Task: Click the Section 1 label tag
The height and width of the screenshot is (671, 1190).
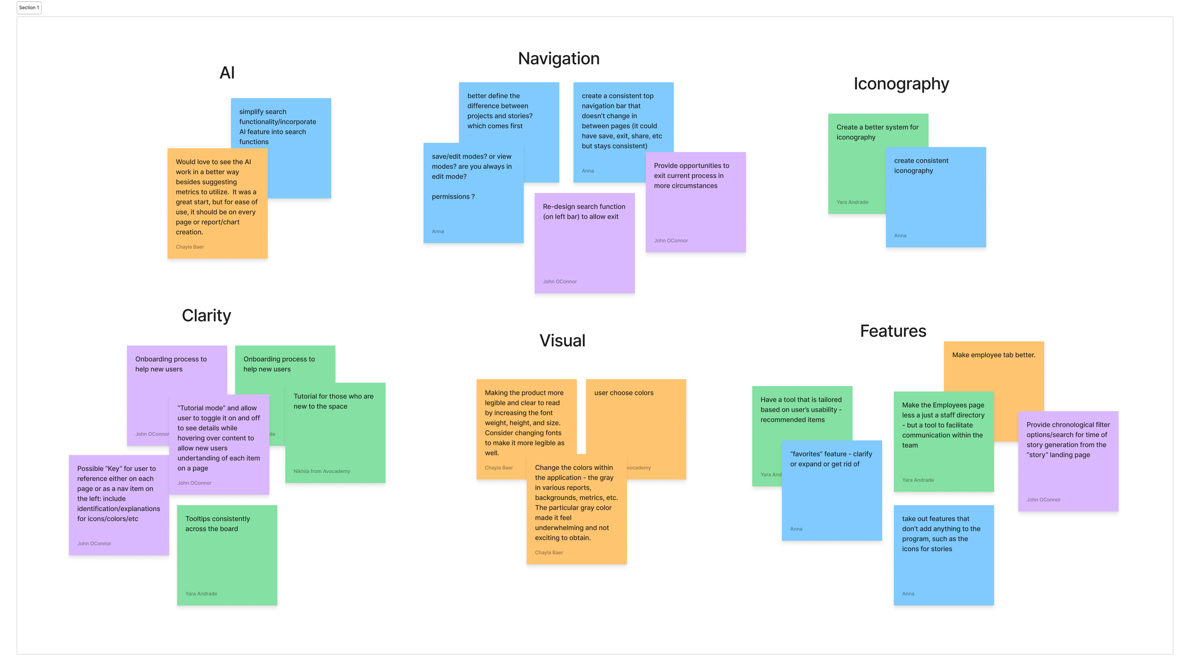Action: coord(29,8)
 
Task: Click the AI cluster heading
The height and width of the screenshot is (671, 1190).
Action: coord(227,73)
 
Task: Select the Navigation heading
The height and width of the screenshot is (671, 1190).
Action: coord(558,59)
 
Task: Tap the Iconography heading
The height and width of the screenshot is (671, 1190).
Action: coord(901,84)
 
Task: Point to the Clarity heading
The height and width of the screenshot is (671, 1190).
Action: coord(206,315)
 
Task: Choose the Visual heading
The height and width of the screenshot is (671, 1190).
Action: coord(562,341)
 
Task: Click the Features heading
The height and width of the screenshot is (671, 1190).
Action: coord(892,331)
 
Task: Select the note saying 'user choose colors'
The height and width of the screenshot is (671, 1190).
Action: coord(624,393)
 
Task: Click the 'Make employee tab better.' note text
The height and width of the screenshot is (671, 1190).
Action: coord(993,355)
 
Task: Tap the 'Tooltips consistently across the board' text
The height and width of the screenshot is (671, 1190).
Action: coord(218,524)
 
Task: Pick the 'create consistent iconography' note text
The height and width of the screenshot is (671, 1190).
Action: coord(921,166)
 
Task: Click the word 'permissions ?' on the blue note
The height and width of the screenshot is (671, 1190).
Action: coord(453,197)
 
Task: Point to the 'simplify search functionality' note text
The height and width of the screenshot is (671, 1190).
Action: coord(277,127)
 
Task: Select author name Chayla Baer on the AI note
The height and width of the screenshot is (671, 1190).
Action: coord(189,247)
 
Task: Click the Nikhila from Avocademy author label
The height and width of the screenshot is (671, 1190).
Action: coord(321,471)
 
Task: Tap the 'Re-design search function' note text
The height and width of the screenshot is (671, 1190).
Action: coord(584,211)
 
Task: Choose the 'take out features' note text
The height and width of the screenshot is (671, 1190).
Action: coord(941,533)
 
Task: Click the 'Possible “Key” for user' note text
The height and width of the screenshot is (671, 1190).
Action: coord(119,493)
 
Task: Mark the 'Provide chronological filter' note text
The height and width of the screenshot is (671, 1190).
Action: coord(1068,440)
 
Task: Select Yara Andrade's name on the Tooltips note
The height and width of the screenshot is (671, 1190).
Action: coord(201,593)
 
